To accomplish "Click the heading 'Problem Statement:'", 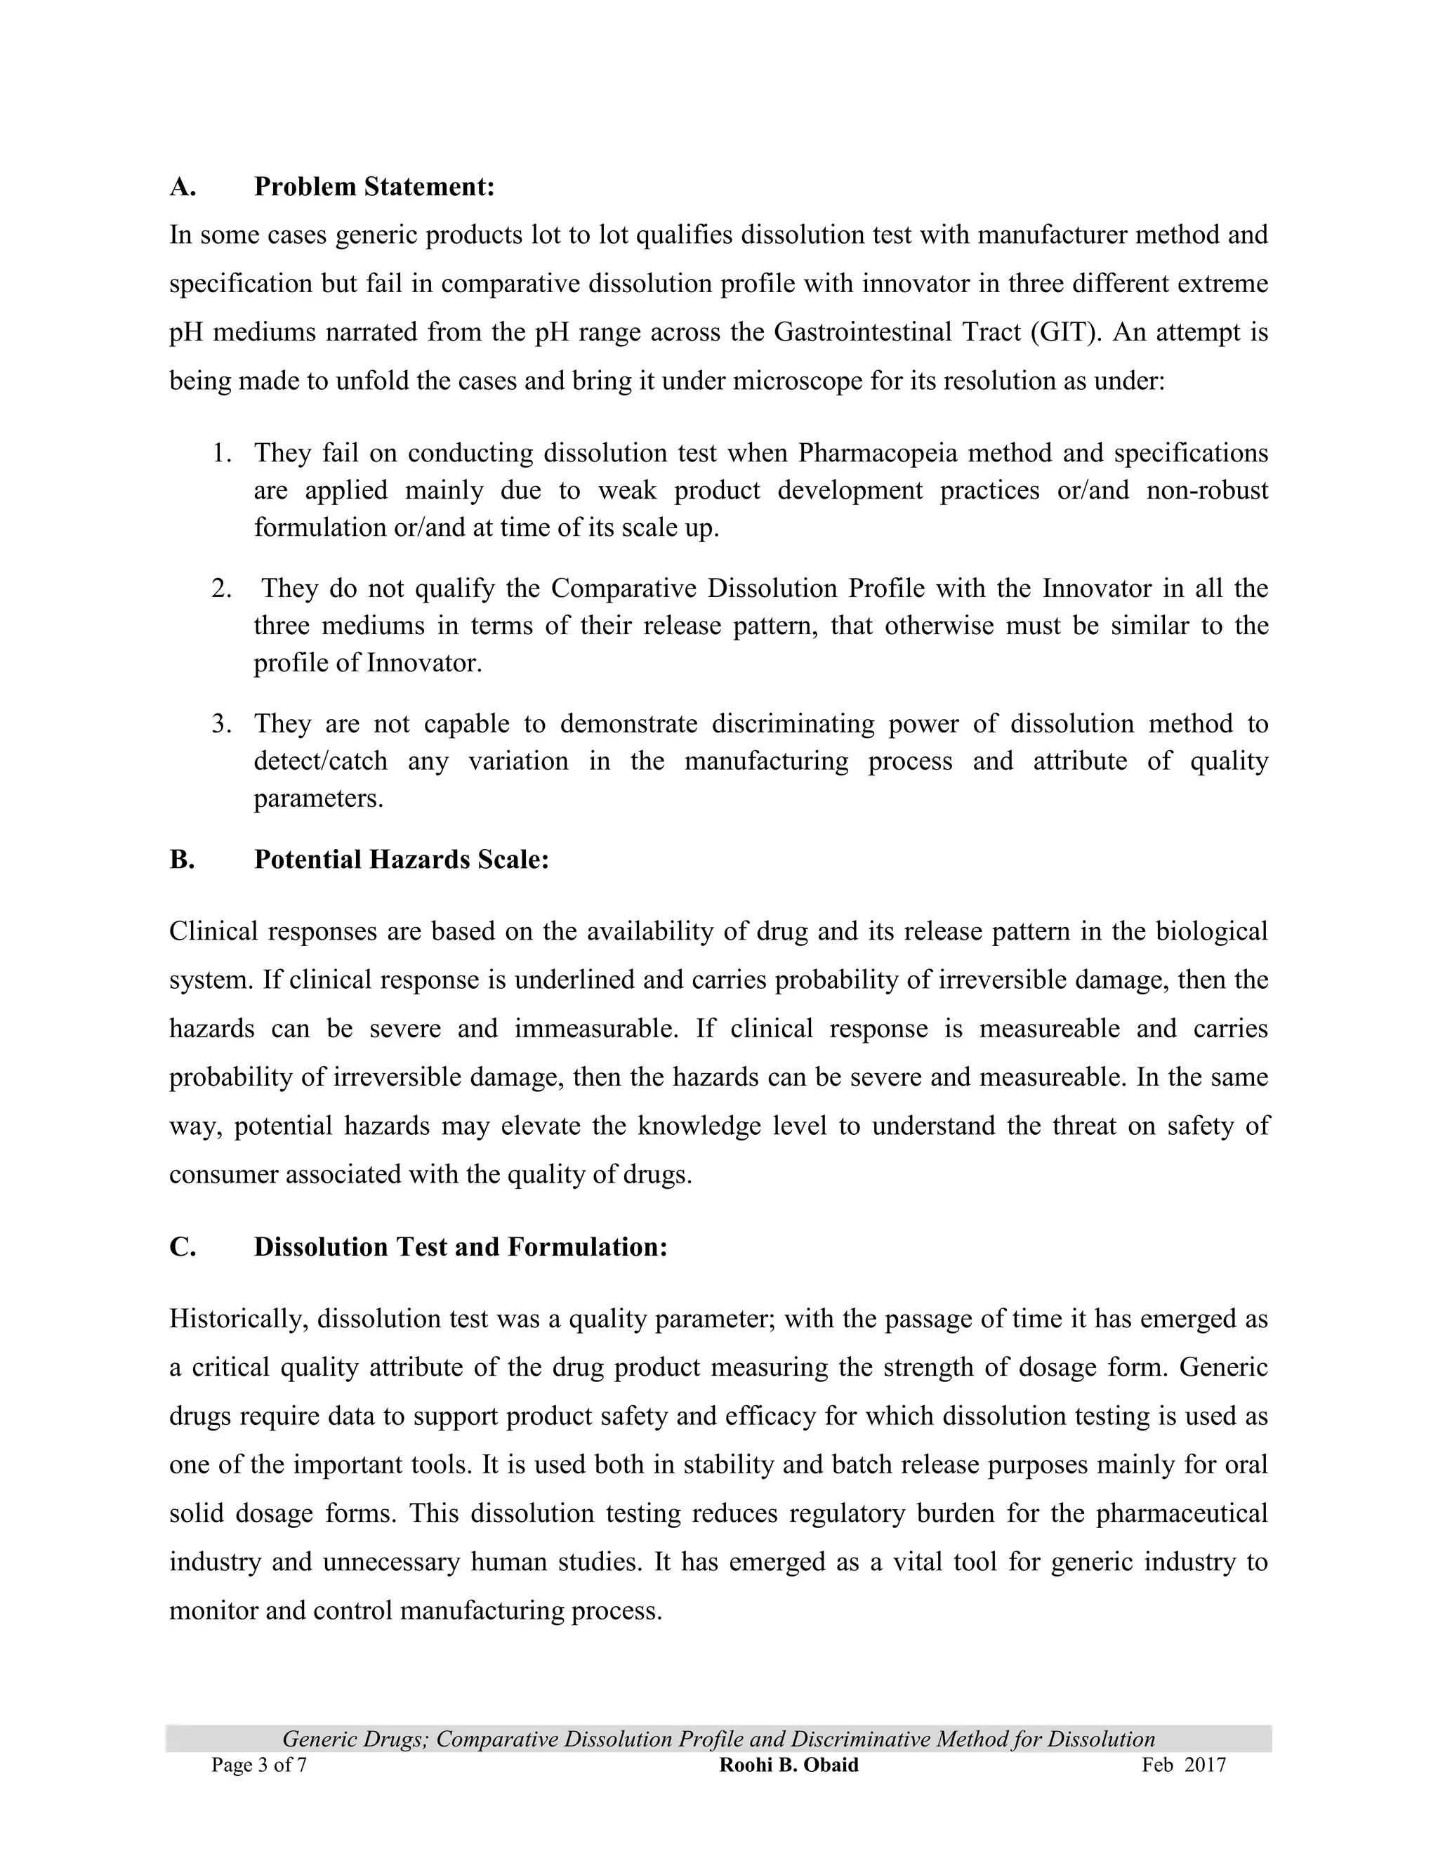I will [x=374, y=187].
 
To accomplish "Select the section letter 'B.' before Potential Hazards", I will [x=183, y=859].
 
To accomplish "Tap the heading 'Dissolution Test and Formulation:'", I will [x=460, y=1247].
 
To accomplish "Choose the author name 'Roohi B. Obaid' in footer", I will [x=789, y=1765].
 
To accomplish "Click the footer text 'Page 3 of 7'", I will [x=259, y=1765].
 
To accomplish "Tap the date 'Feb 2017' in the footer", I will [x=1183, y=1765].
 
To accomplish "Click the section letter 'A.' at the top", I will [x=183, y=187].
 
